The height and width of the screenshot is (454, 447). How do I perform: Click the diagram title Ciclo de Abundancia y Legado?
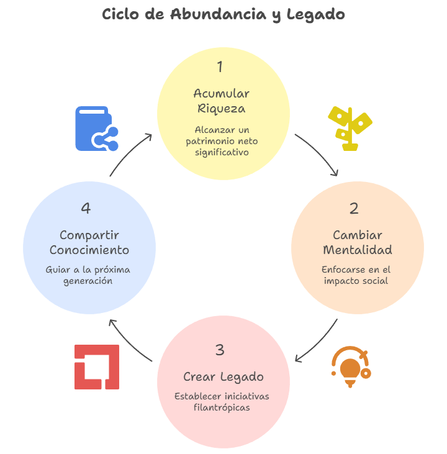(223, 14)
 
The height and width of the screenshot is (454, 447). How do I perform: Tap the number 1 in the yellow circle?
(220, 66)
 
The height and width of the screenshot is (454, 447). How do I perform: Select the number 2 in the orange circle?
(354, 209)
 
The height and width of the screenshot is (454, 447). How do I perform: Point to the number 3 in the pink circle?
(220, 350)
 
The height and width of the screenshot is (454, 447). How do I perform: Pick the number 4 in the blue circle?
(86, 208)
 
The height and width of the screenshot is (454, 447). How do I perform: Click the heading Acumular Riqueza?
(222, 101)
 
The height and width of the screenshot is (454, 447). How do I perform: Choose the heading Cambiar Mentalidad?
(358, 242)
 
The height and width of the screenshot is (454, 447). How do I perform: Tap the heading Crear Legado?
(223, 377)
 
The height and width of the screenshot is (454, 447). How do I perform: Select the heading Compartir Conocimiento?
(89, 242)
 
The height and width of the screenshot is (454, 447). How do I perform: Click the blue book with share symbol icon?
(97, 129)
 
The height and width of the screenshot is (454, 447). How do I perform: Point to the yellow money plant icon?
(350, 129)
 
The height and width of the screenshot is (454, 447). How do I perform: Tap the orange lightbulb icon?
(351, 367)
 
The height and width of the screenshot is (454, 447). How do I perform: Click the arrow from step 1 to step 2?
(319, 152)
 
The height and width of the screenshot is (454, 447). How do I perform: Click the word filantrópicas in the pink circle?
(222, 407)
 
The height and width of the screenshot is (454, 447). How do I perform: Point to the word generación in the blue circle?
(88, 281)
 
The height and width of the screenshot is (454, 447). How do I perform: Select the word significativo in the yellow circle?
(222, 153)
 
